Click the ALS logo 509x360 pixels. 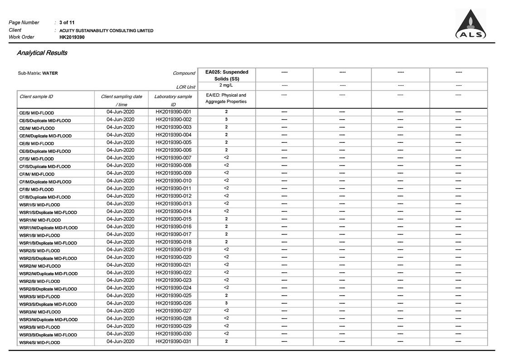(x=470, y=24)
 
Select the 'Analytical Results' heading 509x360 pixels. (x=42, y=53)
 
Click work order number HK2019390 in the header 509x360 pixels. (x=72, y=37)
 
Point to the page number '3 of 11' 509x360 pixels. (x=67, y=22)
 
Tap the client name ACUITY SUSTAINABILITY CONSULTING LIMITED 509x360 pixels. (x=106, y=30)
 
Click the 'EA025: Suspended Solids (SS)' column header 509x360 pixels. (x=226, y=75)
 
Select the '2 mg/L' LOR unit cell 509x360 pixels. (x=226, y=85)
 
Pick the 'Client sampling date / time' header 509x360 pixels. (x=121, y=100)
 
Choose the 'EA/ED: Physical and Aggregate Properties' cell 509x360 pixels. (x=226, y=98)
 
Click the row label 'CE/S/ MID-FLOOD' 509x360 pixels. (x=36, y=113)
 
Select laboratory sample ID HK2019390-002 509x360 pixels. (x=173, y=119)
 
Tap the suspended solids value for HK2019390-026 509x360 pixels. (x=226, y=303)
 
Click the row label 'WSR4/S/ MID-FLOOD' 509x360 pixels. (x=39, y=343)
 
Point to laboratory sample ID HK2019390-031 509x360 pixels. (x=173, y=341)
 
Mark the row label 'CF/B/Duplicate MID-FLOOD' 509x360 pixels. (x=45, y=197)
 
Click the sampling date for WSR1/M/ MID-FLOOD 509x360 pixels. (x=120, y=219)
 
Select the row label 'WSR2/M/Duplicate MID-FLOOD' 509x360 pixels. (x=48, y=274)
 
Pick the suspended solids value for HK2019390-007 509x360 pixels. (x=226, y=157)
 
